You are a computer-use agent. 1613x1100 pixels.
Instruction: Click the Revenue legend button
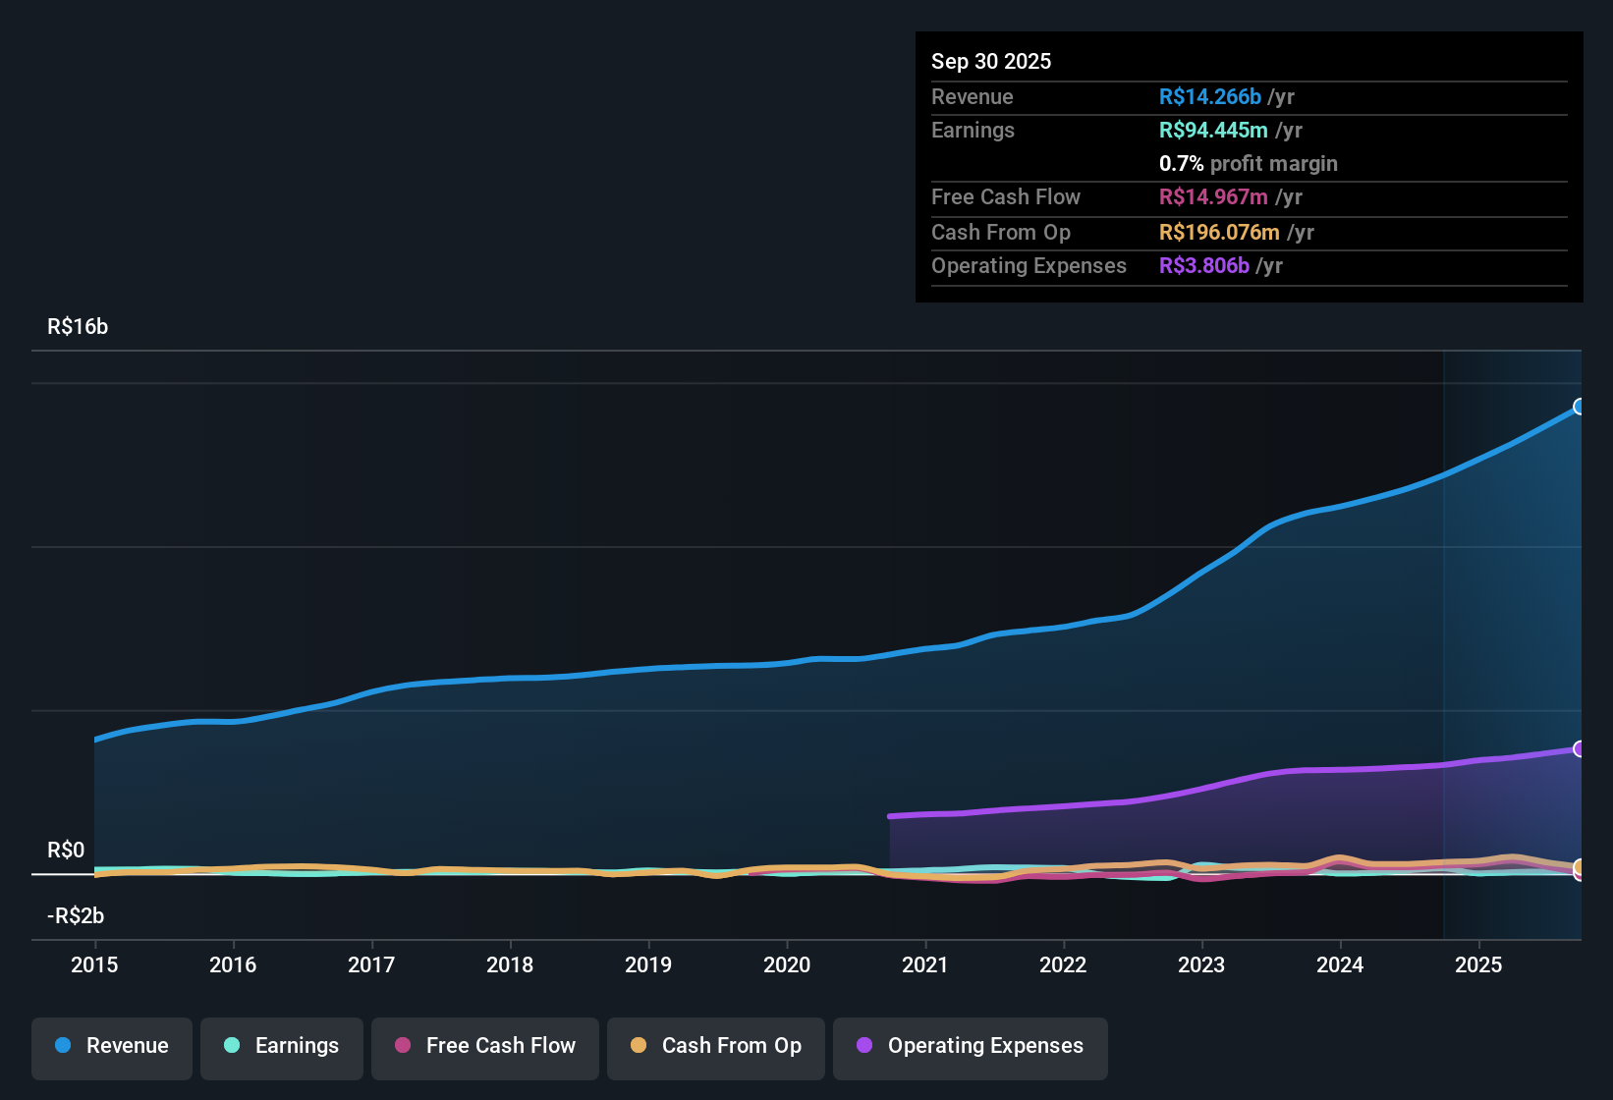tap(112, 1047)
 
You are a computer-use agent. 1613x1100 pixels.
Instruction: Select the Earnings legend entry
tap(282, 1047)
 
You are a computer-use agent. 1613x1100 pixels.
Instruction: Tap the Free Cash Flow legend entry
tap(485, 1047)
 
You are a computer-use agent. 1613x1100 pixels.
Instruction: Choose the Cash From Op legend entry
tap(716, 1047)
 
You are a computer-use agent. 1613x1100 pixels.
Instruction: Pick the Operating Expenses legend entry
tap(971, 1047)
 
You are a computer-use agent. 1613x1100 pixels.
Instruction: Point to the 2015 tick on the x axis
tap(94, 964)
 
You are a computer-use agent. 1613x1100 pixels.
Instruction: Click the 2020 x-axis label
tap(787, 964)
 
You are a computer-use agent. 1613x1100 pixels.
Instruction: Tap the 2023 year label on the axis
tap(1201, 964)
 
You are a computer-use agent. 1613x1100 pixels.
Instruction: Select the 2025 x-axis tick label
tap(1478, 964)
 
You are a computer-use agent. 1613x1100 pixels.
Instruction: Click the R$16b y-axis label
tap(78, 327)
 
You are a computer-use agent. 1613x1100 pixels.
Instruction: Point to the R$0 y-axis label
tap(66, 851)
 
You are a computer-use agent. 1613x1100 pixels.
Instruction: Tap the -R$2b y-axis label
tap(76, 916)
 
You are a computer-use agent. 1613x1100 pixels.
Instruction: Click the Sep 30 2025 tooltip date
tap(991, 61)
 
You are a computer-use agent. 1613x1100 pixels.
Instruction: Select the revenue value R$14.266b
tap(1209, 96)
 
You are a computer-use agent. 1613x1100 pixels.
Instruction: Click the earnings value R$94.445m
tap(1213, 130)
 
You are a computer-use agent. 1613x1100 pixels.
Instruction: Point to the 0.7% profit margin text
tap(1248, 163)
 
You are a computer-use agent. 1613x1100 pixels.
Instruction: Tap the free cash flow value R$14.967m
tap(1213, 196)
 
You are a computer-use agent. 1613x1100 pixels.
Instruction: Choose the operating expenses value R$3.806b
tap(1203, 265)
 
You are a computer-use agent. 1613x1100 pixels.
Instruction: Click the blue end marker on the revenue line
tap(1579, 407)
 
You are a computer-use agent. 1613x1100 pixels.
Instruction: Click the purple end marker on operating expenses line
tap(1579, 749)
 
